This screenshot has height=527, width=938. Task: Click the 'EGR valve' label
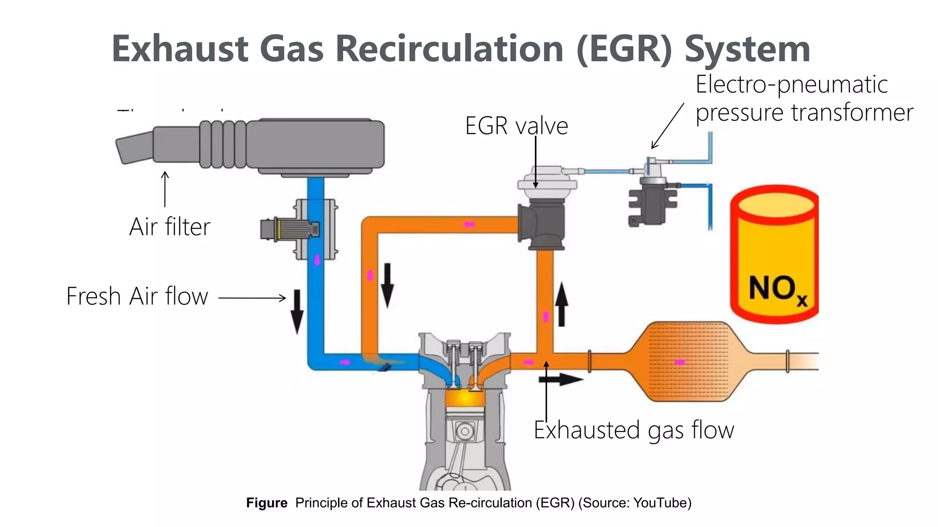click(516, 126)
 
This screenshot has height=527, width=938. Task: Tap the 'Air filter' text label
click(169, 227)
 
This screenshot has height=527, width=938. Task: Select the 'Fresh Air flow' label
click(137, 296)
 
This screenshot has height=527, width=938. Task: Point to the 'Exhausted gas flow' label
click(633, 430)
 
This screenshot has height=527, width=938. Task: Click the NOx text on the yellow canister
click(777, 289)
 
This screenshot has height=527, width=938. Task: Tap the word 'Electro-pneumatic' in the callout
click(791, 85)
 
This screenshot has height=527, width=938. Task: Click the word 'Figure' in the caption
click(267, 503)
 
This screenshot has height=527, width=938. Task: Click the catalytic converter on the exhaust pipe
click(687, 361)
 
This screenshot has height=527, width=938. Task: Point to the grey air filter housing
click(316, 145)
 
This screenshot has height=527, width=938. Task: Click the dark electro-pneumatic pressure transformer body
click(650, 201)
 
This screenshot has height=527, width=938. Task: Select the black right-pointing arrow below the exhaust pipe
click(561, 379)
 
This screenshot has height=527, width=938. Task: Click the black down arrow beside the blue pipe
click(297, 311)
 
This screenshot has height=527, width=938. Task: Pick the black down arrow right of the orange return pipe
click(387, 285)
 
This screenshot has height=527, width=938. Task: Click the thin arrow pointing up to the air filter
click(165, 189)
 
